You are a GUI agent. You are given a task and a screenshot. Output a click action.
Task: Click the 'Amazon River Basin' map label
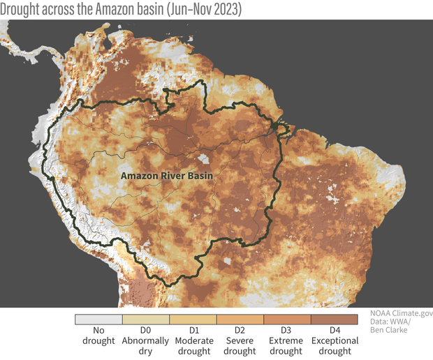(166, 176)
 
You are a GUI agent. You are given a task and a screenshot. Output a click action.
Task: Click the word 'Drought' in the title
(24, 9)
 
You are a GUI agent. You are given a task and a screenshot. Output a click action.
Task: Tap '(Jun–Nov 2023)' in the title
(203, 9)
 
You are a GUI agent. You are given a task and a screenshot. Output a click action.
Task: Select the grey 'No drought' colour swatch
(98, 319)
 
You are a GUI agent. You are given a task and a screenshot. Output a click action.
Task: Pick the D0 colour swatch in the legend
(146, 319)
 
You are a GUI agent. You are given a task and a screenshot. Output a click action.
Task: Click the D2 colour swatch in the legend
(240, 319)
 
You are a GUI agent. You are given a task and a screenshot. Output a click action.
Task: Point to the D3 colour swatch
(287, 319)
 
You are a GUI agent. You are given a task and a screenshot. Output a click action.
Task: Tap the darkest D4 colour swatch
(335, 319)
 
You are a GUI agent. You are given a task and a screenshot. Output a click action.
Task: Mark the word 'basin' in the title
(149, 9)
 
